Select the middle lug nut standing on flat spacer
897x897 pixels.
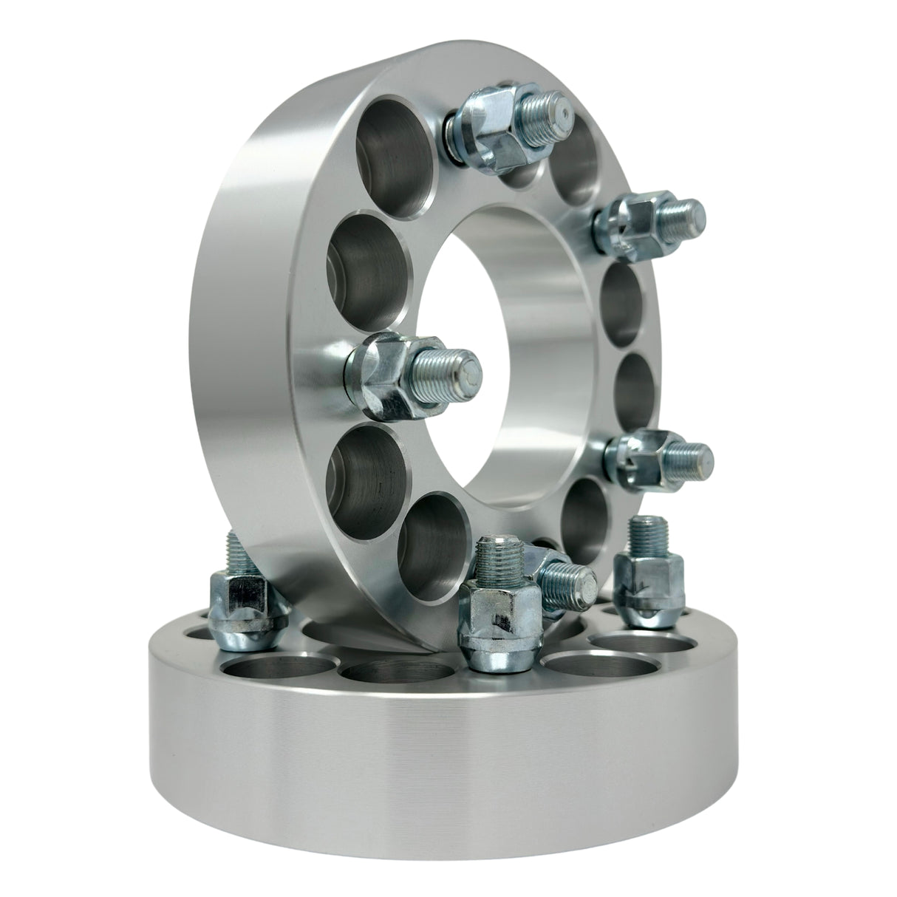click(x=488, y=621)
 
